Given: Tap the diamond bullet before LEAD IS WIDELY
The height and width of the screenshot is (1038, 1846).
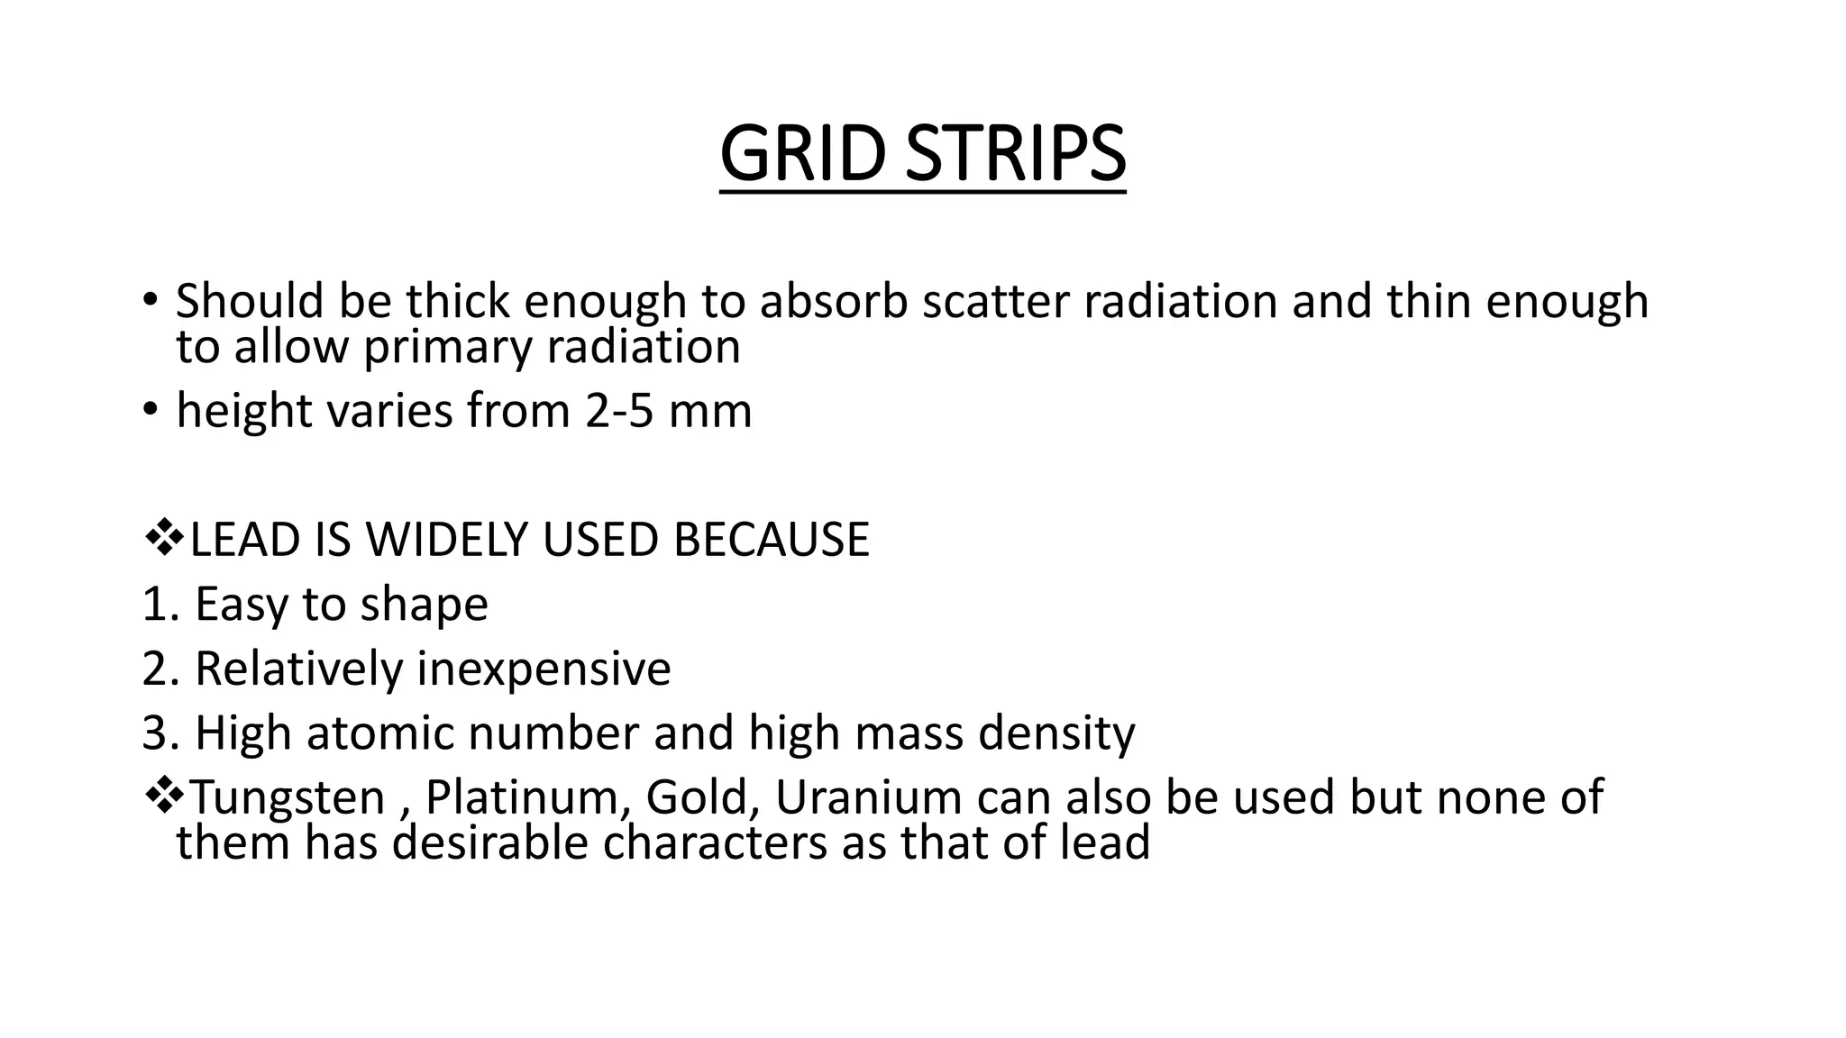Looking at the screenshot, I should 163,539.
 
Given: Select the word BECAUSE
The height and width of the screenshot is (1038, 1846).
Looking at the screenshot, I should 771,540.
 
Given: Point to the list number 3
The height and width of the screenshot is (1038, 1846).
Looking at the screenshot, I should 155,733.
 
